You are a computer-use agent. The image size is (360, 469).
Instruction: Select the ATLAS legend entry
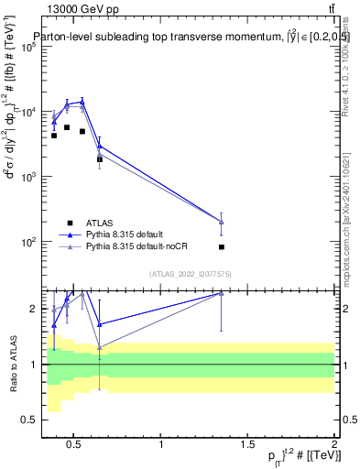point(97,223)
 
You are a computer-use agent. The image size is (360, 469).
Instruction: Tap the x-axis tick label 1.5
point(248,445)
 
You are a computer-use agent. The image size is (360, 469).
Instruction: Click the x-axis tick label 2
point(334,445)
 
